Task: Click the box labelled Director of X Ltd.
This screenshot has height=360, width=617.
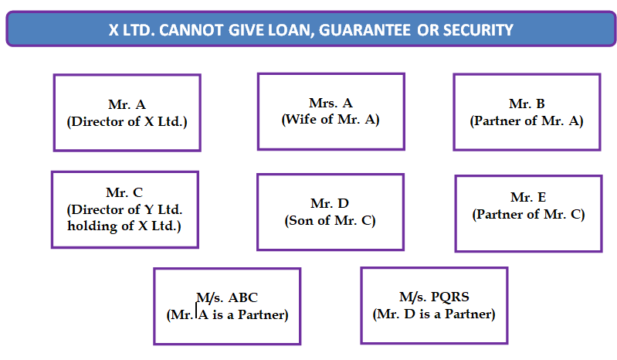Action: (127, 113)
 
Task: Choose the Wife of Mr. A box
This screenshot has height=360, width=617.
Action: (331, 111)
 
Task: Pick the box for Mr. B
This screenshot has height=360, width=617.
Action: (526, 112)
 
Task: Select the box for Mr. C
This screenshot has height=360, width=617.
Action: (124, 209)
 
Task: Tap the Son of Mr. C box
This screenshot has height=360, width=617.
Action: (330, 212)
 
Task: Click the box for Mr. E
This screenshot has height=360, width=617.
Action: (528, 213)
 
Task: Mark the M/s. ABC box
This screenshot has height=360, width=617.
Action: (226, 306)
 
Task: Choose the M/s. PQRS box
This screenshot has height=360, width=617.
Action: (434, 305)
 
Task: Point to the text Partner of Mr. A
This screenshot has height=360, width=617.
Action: (526, 121)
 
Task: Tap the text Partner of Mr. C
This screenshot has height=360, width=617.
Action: (528, 215)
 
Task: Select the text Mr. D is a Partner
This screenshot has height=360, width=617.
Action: (434, 314)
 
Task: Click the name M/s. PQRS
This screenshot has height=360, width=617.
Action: (434, 297)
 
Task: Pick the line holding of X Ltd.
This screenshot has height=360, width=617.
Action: (124, 226)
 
